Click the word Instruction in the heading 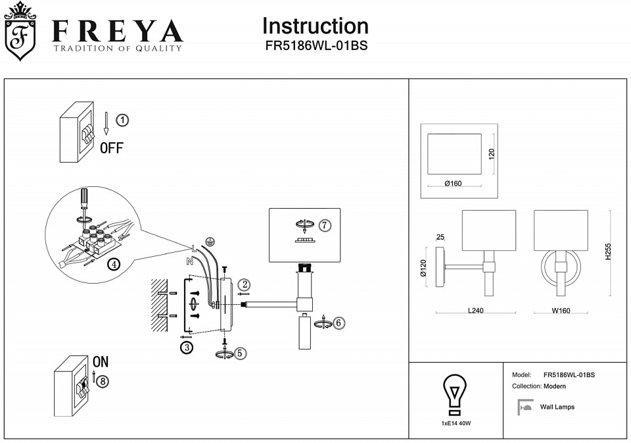pyautogui.click(x=315, y=26)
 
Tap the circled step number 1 pyautogui.click(x=122, y=120)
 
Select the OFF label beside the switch pyautogui.click(x=111, y=147)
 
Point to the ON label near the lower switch pyautogui.click(x=101, y=361)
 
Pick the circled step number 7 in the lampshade pyautogui.click(x=325, y=225)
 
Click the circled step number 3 pyautogui.click(x=187, y=348)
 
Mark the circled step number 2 pyautogui.click(x=245, y=284)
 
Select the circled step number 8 pyautogui.click(x=102, y=380)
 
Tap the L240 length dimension pyautogui.click(x=475, y=311)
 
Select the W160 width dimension pyautogui.click(x=560, y=311)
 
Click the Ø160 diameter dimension pyautogui.click(x=453, y=184)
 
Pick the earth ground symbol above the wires pyautogui.click(x=210, y=242)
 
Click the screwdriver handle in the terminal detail pyautogui.click(x=83, y=197)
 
